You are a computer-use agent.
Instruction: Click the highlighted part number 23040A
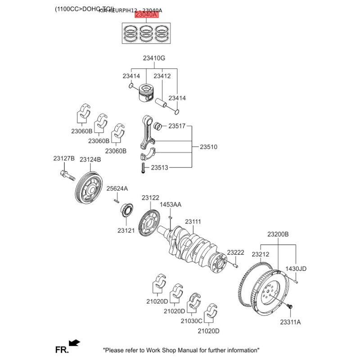(x=146, y=15)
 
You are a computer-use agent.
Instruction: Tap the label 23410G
(x=154, y=58)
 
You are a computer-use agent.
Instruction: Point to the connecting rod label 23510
(x=208, y=147)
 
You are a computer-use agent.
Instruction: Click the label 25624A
(x=117, y=188)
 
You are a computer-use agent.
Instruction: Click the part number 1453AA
(x=171, y=205)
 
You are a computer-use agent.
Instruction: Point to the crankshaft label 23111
(x=193, y=221)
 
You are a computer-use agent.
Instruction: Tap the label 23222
(x=235, y=252)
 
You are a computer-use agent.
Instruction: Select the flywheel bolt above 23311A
(x=290, y=307)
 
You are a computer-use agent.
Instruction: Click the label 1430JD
(x=297, y=269)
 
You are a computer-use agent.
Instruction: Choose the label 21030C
(x=192, y=321)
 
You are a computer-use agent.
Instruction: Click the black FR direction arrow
(x=75, y=343)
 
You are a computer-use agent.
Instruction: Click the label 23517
(x=177, y=126)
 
